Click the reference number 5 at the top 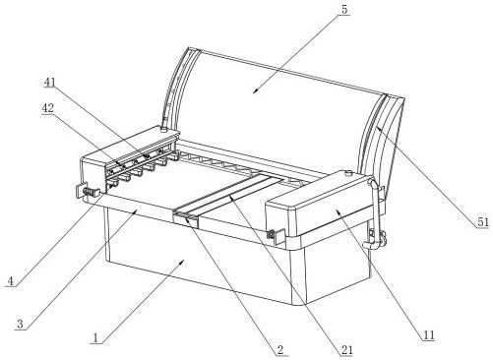pos(344,9)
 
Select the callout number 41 pos(50,83)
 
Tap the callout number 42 pos(48,108)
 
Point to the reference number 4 pos(11,281)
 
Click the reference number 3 pos(20,324)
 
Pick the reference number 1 pos(95,338)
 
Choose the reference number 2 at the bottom pos(280,350)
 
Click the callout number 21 pos(346,350)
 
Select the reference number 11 pos(429,335)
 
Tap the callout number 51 pos(483,222)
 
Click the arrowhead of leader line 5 pos(255,91)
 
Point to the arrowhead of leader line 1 pos(182,262)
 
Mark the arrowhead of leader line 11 pos(338,212)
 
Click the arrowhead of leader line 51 pos(378,128)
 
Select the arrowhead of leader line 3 pos(135,212)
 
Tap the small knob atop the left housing pos(163,129)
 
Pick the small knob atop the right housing pos(348,173)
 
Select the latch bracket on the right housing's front pos(276,236)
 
